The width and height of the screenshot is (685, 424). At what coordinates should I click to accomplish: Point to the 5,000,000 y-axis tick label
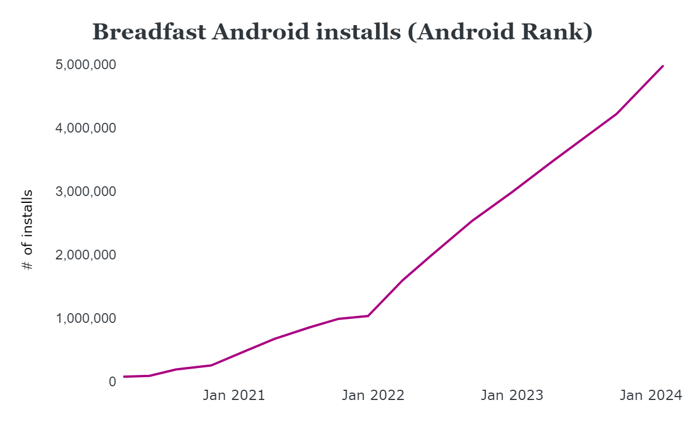[x=86, y=65]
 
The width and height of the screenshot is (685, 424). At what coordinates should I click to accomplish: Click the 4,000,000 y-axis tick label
[x=86, y=128]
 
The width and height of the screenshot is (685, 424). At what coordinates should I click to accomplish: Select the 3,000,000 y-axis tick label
[x=86, y=191]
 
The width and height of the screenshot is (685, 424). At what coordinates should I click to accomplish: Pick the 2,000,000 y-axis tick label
[x=86, y=255]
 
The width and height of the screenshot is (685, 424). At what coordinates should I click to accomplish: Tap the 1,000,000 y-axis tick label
[x=86, y=318]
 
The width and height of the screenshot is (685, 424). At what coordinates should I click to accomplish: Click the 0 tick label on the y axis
[x=112, y=382]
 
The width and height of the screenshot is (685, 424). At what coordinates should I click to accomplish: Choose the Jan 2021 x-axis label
[x=234, y=395]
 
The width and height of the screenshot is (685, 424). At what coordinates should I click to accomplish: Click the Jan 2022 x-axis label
[x=373, y=395]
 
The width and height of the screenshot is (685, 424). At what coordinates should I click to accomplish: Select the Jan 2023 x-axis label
[x=512, y=395]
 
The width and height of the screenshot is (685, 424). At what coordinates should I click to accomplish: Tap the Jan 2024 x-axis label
[x=651, y=395]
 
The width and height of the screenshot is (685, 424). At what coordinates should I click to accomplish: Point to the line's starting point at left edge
[x=124, y=377]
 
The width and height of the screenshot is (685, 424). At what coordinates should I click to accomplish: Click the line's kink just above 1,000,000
[x=368, y=315]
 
